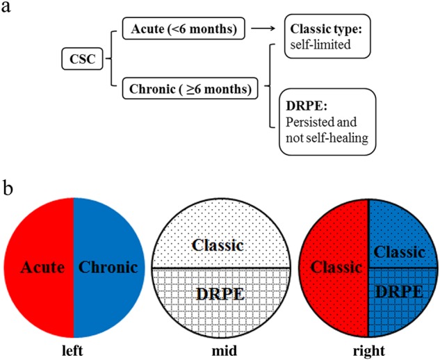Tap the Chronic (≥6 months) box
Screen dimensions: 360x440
187,89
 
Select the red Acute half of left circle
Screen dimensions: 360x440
40,267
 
